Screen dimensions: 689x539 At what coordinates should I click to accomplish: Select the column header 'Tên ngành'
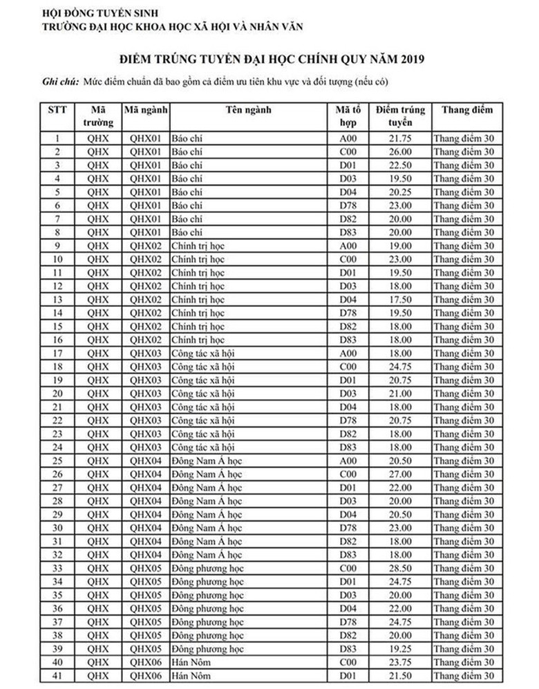click(248, 110)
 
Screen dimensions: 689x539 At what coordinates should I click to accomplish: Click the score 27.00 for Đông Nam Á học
click(399, 475)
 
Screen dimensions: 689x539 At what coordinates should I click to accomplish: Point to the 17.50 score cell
click(399, 300)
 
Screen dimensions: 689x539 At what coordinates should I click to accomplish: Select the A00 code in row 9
click(346, 246)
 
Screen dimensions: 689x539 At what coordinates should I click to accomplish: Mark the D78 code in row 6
click(346, 205)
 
